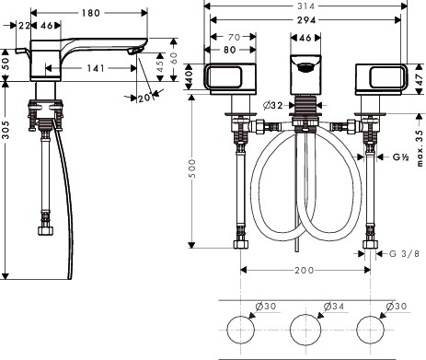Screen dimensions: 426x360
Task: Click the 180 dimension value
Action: coord(91,13)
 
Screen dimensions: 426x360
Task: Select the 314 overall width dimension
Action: coord(305,6)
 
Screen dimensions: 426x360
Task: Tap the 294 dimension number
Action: coord(306,20)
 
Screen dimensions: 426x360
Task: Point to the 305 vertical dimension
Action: coord(6,130)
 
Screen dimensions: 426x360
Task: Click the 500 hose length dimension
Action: coord(192,168)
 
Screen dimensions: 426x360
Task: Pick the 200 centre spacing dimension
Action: coord(305,271)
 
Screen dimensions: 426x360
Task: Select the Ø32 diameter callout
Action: coord(273,106)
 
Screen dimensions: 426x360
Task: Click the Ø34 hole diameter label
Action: coord(334,306)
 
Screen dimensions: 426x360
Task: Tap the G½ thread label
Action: coord(401,157)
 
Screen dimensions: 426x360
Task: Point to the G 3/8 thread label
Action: coord(404,253)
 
